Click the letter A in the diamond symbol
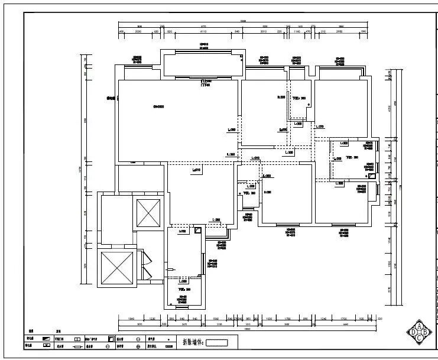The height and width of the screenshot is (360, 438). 419,326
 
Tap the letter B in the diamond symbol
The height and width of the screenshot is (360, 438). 427,333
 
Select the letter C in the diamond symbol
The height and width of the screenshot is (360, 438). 419,339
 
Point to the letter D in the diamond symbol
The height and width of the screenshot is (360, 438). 413,333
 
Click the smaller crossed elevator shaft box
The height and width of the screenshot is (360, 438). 148,213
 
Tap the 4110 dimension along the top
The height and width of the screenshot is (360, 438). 203,31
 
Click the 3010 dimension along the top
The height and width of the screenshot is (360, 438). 264,31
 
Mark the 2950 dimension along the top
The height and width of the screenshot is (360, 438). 339,31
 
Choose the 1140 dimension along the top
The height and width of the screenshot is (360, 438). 298,31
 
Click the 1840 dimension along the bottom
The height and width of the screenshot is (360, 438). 131,319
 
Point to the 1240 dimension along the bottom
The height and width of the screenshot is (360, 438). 323,319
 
